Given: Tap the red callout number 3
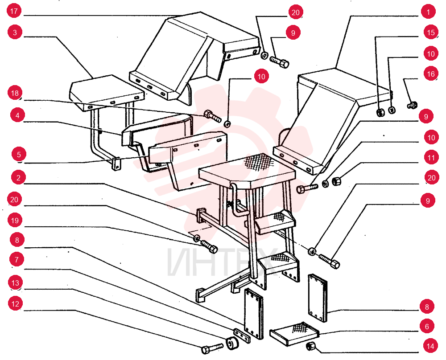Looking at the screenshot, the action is tap(15, 32).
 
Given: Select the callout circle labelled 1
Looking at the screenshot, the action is tap(428, 12).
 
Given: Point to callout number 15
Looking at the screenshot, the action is tap(431, 33).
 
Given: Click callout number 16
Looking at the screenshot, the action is tap(431, 74).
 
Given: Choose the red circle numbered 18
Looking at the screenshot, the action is tap(15, 93).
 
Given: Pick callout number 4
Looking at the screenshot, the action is tap(18, 115).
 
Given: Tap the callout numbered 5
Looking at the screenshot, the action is tap(19, 155).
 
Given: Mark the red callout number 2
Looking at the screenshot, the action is tap(18, 178).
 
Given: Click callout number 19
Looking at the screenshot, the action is tap(15, 221).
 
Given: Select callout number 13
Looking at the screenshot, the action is tap(15, 283).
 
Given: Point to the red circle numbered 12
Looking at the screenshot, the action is tap(15, 304).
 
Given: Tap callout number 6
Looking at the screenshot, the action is tap(427, 327).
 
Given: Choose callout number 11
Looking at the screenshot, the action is tap(431, 158).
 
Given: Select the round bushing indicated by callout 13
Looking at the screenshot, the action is tap(232, 343).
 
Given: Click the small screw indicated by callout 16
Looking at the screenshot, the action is tap(413, 105).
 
